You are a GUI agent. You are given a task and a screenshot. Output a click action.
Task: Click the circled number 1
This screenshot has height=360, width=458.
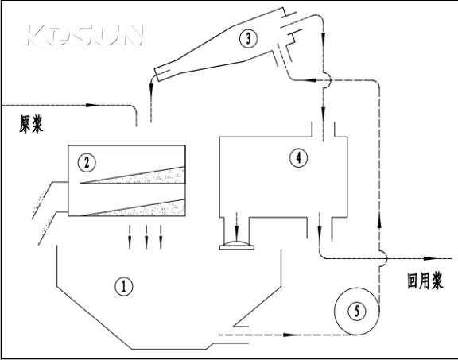coord(124,286)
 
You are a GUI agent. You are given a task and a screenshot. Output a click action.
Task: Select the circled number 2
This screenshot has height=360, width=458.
coord(87,163)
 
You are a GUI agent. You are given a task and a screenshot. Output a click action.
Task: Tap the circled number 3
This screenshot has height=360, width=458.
coord(248,38)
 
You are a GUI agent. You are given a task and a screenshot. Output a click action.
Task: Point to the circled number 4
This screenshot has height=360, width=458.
coord(298,158)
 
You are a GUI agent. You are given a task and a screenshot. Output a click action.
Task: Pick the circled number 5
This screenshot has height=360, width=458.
coord(357,312)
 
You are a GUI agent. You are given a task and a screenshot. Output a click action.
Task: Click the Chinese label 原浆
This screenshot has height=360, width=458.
coord(31,124)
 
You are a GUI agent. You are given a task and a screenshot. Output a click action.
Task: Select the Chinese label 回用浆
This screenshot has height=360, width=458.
coord(425,281)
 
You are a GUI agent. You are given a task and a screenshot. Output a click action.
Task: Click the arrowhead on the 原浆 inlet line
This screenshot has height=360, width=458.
coord(94,105)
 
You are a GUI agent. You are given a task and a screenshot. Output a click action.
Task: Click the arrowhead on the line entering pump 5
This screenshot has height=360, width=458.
coord(290,335)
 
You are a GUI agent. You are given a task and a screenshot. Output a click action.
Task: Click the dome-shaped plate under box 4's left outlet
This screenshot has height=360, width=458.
coord(237,246)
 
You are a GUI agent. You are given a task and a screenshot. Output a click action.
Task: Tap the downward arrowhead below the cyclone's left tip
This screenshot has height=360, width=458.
coord(151,89)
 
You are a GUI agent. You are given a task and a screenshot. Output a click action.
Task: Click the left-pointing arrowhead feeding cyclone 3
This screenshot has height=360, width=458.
coord(309,79)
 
